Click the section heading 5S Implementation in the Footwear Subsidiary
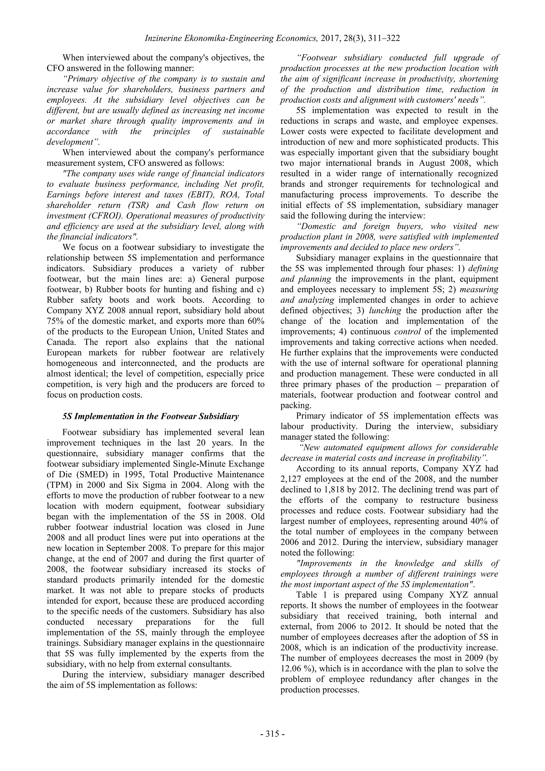151,416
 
